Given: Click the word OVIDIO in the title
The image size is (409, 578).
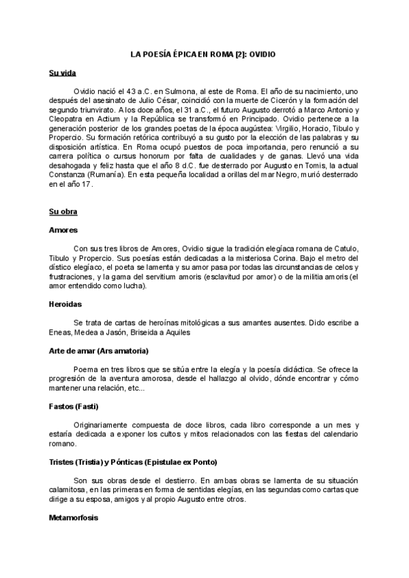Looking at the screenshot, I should (x=262, y=54).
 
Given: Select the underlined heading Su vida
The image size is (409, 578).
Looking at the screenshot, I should (x=63, y=72).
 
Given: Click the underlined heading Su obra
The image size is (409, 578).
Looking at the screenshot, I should (x=63, y=212).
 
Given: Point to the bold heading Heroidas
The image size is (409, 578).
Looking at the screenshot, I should (x=65, y=303).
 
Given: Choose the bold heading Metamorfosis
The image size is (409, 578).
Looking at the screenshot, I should (x=74, y=517).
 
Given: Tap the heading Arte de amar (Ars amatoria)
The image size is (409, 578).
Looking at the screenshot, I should (x=99, y=350).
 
